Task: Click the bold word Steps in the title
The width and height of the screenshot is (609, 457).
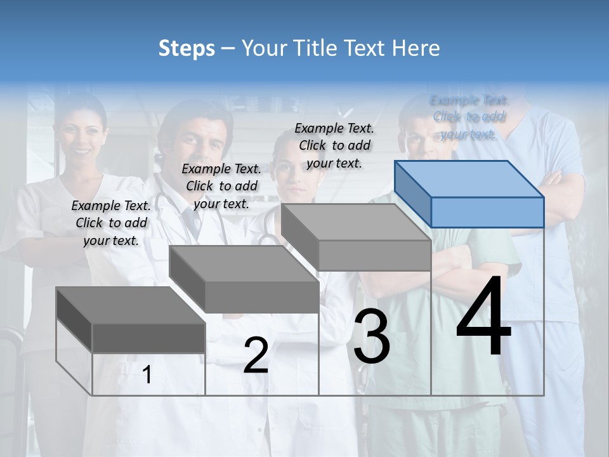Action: pyautogui.click(x=187, y=48)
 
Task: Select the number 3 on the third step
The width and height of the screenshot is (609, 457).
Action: pyautogui.click(x=372, y=336)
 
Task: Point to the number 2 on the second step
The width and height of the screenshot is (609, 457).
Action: pyautogui.click(x=256, y=355)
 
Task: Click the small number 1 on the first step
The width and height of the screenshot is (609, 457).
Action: pyautogui.click(x=147, y=375)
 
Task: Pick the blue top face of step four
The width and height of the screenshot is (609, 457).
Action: pyautogui.click(x=468, y=179)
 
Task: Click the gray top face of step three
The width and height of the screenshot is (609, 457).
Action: pyautogui.click(x=355, y=222)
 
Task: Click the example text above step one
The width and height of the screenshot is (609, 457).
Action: pyautogui.click(x=111, y=223)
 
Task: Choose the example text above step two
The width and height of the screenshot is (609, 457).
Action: pyautogui.click(x=221, y=186)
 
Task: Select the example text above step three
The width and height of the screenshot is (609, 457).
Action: pyautogui.click(x=334, y=145)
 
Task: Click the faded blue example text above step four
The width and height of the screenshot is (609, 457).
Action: pyautogui.click(x=469, y=117)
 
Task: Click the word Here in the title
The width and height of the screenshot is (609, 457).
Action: pyautogui.click(x=416, y=48)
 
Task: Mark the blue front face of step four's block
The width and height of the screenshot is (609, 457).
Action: pyautogui.click(x=487, y=212)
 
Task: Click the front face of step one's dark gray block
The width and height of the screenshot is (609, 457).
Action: pyautogui.click(x=148, y=338)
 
